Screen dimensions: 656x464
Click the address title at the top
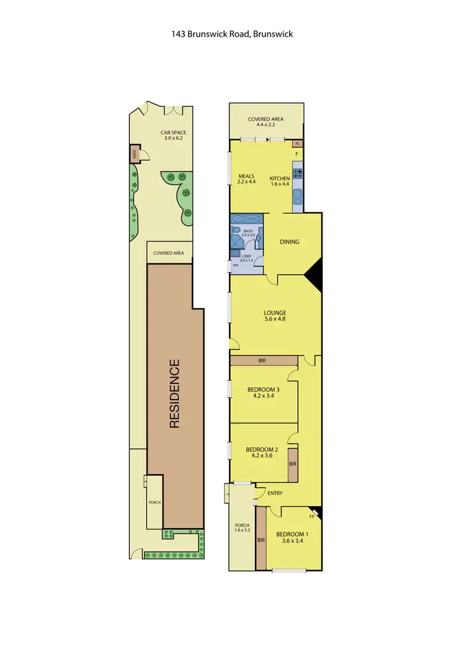pyautogui.click(x=232, y=34)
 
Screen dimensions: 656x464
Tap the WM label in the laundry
pyautogui.click(x=234, y=266)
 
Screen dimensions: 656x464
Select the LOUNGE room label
pyautogui.click(x=274, y=312)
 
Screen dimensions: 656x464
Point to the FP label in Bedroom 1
pyautogui.click(x=312, y=516)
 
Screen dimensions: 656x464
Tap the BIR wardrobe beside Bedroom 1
pyautogui.click(x=260, y=538)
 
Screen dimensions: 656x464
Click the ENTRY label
pyautogui.click(x=275, y=493)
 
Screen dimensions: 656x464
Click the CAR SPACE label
pyautogui.click(x=173, y=132)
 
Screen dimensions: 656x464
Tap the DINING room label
pyautogui.click(x=290, y=242)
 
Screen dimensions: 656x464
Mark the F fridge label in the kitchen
pyautogui.click(x=296, y=155)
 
